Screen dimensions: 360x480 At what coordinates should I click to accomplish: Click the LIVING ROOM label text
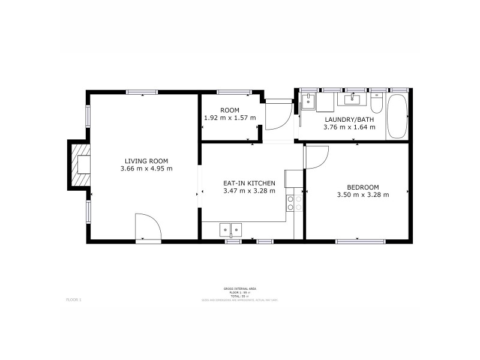tap(146, 161)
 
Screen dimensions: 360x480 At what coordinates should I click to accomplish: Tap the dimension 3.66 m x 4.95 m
tap(146, 169)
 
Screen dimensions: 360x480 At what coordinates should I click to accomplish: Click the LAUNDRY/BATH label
tap(349, 119)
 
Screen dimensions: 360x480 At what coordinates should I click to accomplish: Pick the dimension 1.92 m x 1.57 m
tap(230, 118)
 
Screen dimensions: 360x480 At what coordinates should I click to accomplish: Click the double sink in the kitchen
tap(230, 229)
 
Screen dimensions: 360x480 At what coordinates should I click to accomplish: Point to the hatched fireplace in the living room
tap(79, 165)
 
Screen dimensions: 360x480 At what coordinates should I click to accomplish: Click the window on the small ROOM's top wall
tap(233, 92)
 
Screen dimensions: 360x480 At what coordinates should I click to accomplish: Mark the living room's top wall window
tap(142, 92)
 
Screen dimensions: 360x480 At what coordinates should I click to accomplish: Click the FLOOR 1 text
tap(73, 299)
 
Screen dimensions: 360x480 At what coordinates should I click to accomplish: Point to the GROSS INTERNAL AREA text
tap(239, 289)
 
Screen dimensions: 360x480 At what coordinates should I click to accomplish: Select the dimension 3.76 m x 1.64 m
tap(349, 127)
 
